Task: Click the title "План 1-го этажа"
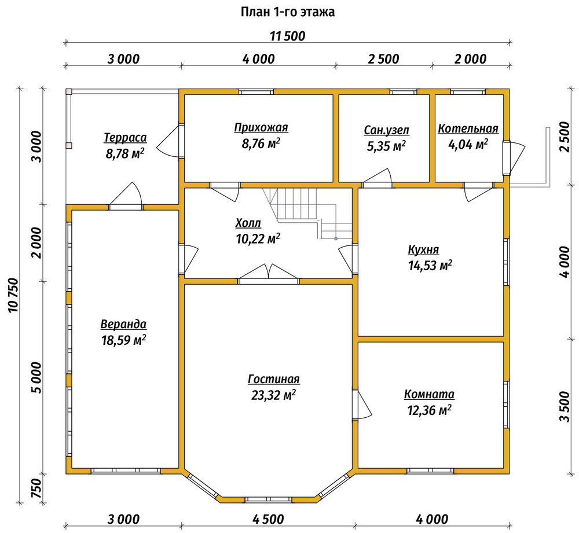pos(288,12)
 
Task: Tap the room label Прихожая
pos(261,128)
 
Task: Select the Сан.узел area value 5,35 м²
pos(386,146)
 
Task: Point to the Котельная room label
pos(468,128)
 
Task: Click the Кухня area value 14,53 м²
pos(430,265)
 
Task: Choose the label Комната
pos(429,394)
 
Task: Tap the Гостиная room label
pos(274,379)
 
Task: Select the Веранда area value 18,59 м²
pos(123,340)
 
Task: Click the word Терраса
pos(125,137)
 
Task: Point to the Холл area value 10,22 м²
pos(258,239)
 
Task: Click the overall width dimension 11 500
pos(288,36)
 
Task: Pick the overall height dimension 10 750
pos(13,295)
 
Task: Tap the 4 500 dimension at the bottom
pos(268,519)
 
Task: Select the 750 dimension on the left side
pos(37,488)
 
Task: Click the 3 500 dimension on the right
pos(565,406)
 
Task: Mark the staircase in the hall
pos(307,213)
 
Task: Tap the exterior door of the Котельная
pos(514,158)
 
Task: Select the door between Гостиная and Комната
pos(362,404)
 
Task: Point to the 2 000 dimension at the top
pos(470,58)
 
